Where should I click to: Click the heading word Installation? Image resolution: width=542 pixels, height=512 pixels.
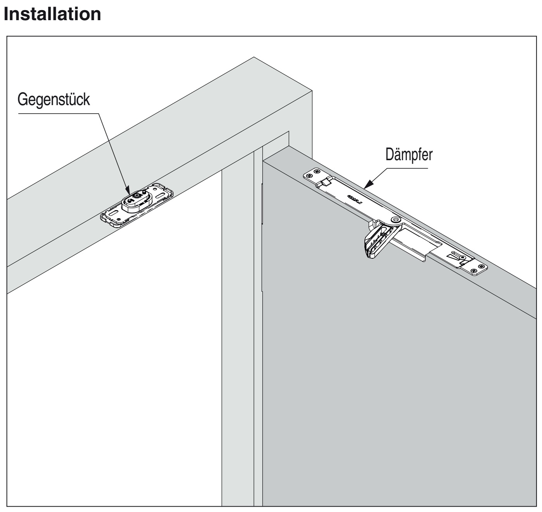pyautogui.click(x=52, y=14)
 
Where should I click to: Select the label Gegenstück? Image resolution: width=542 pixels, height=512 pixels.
pyautogui.click(x=54, y=100)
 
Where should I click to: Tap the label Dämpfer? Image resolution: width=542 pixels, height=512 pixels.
pyautogui.click(x=409, y=155)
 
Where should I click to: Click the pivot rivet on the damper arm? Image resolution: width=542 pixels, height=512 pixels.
pyautogui.click(x=395, y=220)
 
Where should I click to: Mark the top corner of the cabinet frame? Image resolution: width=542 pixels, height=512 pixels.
pyautogui.click(x=254, y=57)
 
